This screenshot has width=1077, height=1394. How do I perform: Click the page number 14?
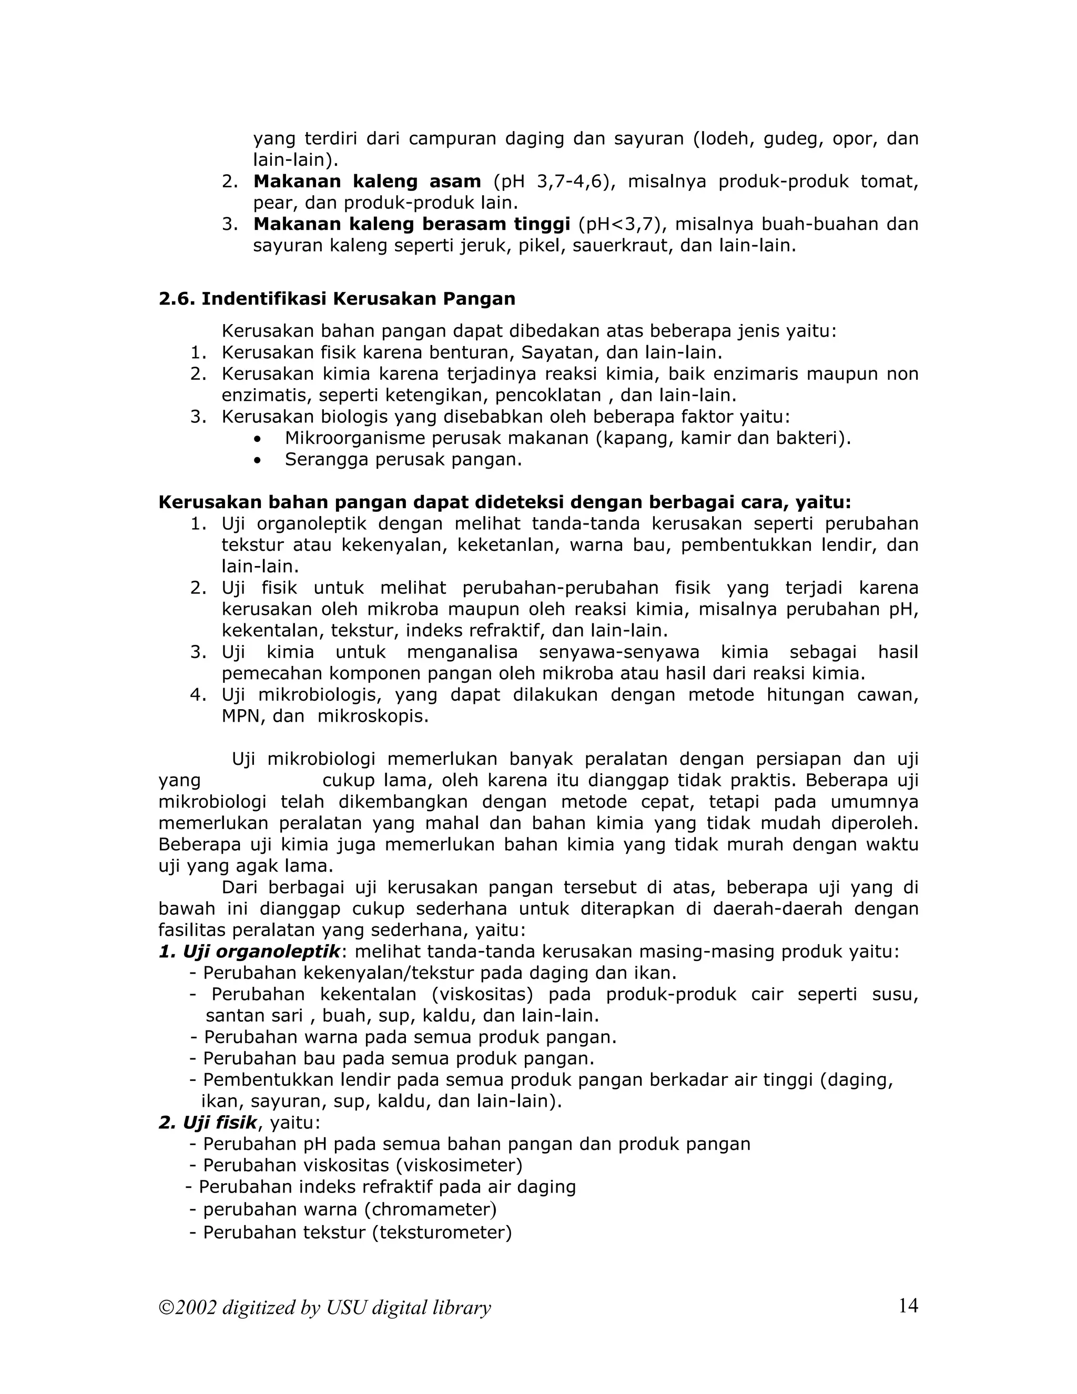coord(908,1306)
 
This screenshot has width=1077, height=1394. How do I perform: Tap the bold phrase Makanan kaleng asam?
coord(367,181)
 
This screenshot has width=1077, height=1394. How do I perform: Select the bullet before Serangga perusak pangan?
coord(257,460)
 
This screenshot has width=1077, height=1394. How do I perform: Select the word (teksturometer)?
coord(442,1232)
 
